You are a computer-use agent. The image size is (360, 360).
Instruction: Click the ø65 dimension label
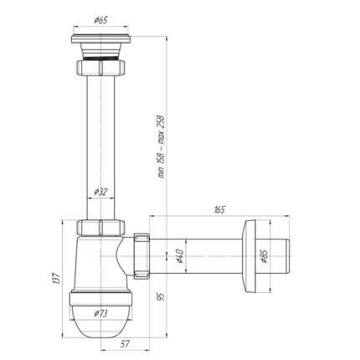coord(100,20)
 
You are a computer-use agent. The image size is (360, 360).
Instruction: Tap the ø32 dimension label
coord(100,192)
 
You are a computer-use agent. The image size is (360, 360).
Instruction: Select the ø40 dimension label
coord(179,256)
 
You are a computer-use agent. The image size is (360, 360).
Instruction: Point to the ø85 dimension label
coord(264,256)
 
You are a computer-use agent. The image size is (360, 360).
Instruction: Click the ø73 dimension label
coord(100,313)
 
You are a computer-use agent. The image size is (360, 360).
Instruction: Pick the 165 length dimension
coord(219,209)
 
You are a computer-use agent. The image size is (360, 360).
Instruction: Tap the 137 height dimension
coord(56,278)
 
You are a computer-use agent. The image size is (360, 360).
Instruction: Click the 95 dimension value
coord(161,296)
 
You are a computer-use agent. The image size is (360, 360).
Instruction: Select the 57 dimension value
coord(125,344)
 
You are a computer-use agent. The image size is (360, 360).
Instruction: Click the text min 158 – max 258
coord(162,147)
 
